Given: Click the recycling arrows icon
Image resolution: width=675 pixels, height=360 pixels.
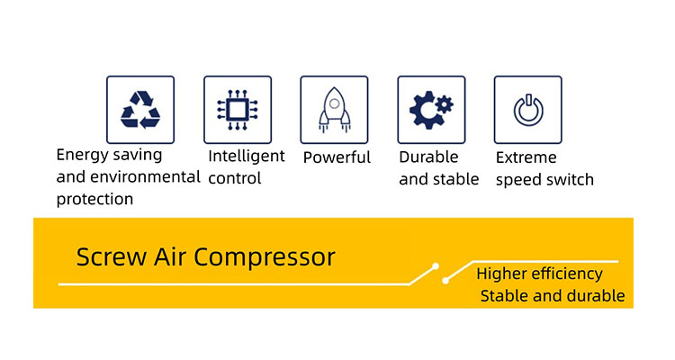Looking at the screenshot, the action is (x=140, y=110).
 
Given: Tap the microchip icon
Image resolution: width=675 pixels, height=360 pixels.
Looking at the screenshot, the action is (x=238, y=110).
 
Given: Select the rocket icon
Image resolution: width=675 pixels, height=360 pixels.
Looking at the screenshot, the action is (x=334, y=110).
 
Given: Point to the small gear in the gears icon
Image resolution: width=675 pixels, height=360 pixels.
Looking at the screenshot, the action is (x=445, y=104).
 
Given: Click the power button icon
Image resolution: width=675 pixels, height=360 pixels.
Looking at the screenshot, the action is (x=528, y=110).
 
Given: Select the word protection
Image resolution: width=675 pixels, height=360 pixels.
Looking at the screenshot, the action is (x=94, y=200).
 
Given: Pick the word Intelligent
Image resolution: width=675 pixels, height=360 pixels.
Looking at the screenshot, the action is (x=247, y=156).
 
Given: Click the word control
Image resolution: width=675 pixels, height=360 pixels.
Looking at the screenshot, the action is (x=235, y=178).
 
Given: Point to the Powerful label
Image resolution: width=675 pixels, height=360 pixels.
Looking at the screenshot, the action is (x=337, y=157).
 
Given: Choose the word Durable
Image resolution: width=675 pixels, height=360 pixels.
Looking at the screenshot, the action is (x=428, y=157).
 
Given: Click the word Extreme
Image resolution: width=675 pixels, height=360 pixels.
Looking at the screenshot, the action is (x=526, y=157).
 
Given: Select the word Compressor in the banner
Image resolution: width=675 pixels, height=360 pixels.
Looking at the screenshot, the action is (x=265, y=258).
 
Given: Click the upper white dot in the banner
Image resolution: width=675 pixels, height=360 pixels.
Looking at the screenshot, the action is (x=436, y=266).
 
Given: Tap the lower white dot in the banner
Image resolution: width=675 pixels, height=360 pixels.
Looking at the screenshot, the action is (x=445, y=281).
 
